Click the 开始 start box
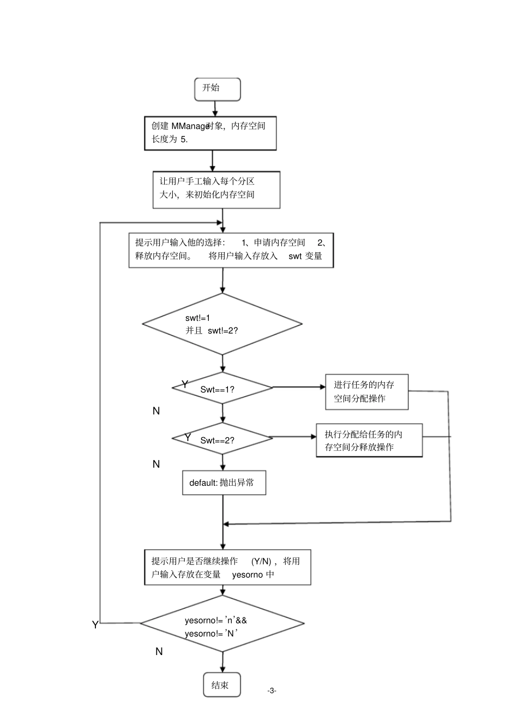point(217,89)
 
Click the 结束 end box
point(221,685)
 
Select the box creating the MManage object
point(210,133)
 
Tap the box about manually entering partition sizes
point(216,189)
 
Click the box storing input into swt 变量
point(231,250)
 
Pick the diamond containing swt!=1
point(222,324)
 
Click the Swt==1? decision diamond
point(222,388)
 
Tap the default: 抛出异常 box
point(224,483)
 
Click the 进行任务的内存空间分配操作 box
point(366,392)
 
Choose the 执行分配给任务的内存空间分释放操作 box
point(369,441)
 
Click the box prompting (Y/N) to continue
point(227,568)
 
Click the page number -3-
point(272,691)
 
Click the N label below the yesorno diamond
point(159,651)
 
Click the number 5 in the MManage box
point(183,139)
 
